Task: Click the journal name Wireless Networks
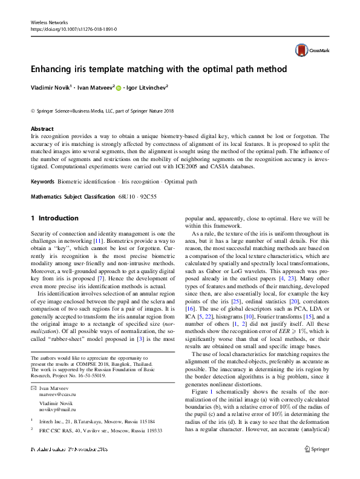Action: (48, 22)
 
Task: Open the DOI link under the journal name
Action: (73, 29)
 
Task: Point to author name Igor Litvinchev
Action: (146, 87)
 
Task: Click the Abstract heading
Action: (42, 129)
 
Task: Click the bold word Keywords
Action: (44, 182)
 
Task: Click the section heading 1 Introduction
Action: (54, 218)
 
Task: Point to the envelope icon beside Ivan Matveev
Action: (33, 387)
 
